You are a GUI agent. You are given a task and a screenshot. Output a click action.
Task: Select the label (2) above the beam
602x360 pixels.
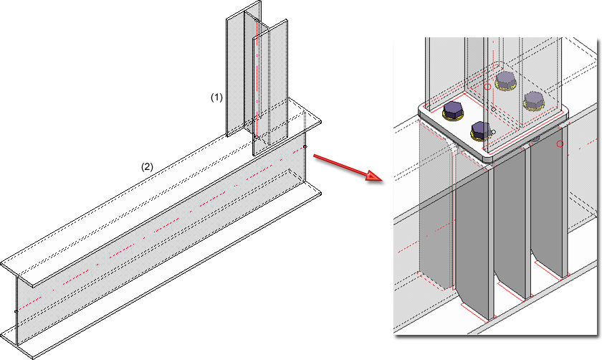pyautogui.click(x=146, y=166)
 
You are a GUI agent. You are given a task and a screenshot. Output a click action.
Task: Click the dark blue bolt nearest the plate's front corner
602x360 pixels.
pyautogui.click(x=479, y=130)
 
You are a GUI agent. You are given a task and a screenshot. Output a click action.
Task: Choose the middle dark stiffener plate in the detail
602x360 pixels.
pyautogui.click(x=510, y=237)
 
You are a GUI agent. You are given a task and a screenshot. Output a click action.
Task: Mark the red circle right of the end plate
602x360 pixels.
pyautogui.click(x=560, y=144)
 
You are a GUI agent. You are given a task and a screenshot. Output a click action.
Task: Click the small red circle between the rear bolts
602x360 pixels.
pyautogui.click(x=487, y=87)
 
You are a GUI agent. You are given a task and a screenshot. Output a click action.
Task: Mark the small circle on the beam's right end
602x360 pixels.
pyautogui.click(x=305, y=147)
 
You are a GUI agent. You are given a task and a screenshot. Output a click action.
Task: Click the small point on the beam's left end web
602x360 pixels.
pyautogui.click(x=16, y=311)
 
